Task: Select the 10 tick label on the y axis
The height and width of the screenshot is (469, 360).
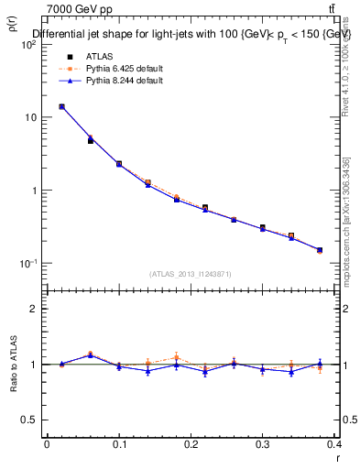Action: point(33,117)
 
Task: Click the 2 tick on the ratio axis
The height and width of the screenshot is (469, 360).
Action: point(38,309)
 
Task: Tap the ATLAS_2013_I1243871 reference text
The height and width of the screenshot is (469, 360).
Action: point(191,274)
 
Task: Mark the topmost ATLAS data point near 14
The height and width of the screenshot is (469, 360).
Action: point(61,106)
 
